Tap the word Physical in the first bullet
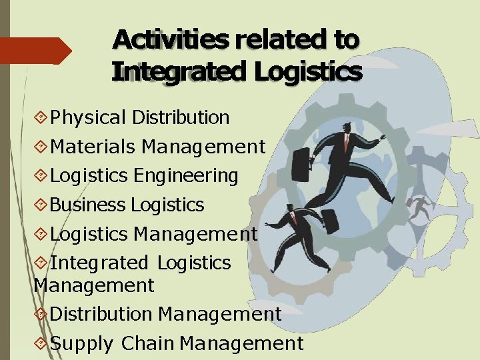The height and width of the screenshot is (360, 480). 88,118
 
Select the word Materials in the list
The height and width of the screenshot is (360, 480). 93,147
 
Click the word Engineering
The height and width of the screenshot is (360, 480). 186,177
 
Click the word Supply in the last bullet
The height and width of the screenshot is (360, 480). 81,344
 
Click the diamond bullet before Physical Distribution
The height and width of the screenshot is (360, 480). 41,119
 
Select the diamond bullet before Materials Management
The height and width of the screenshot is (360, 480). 41,147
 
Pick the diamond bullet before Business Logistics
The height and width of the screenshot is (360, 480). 41,205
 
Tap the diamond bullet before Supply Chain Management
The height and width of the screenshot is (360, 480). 41,344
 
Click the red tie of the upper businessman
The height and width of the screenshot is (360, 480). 345,141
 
